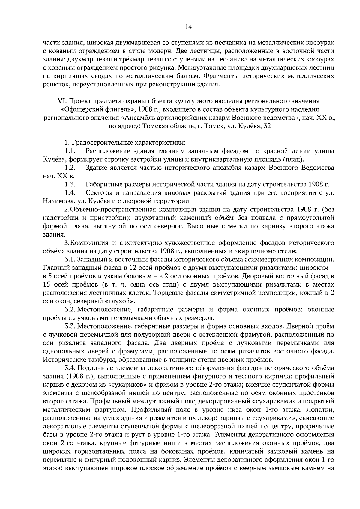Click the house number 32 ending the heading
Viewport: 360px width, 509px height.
click(x=267, y=126)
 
